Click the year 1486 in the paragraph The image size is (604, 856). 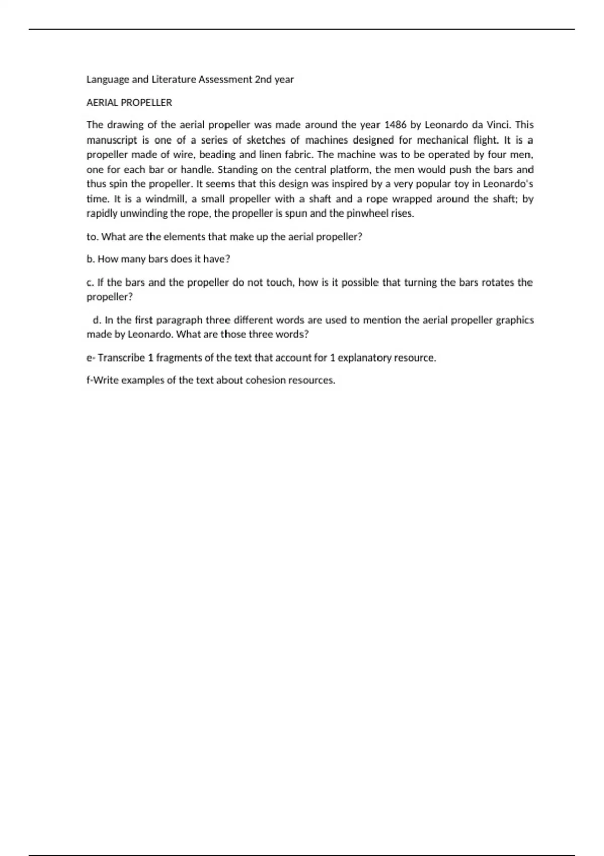click(x=395, y=125)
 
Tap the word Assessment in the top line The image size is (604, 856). click(x=225, y=79)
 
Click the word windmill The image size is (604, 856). click(x=166, y=199)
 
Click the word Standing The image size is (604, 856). click(x=237, y=170)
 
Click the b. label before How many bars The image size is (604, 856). click(x=91, y=259)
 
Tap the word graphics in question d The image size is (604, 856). click(x=514, y=320)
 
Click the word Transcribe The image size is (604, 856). click(x=121, y=358)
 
